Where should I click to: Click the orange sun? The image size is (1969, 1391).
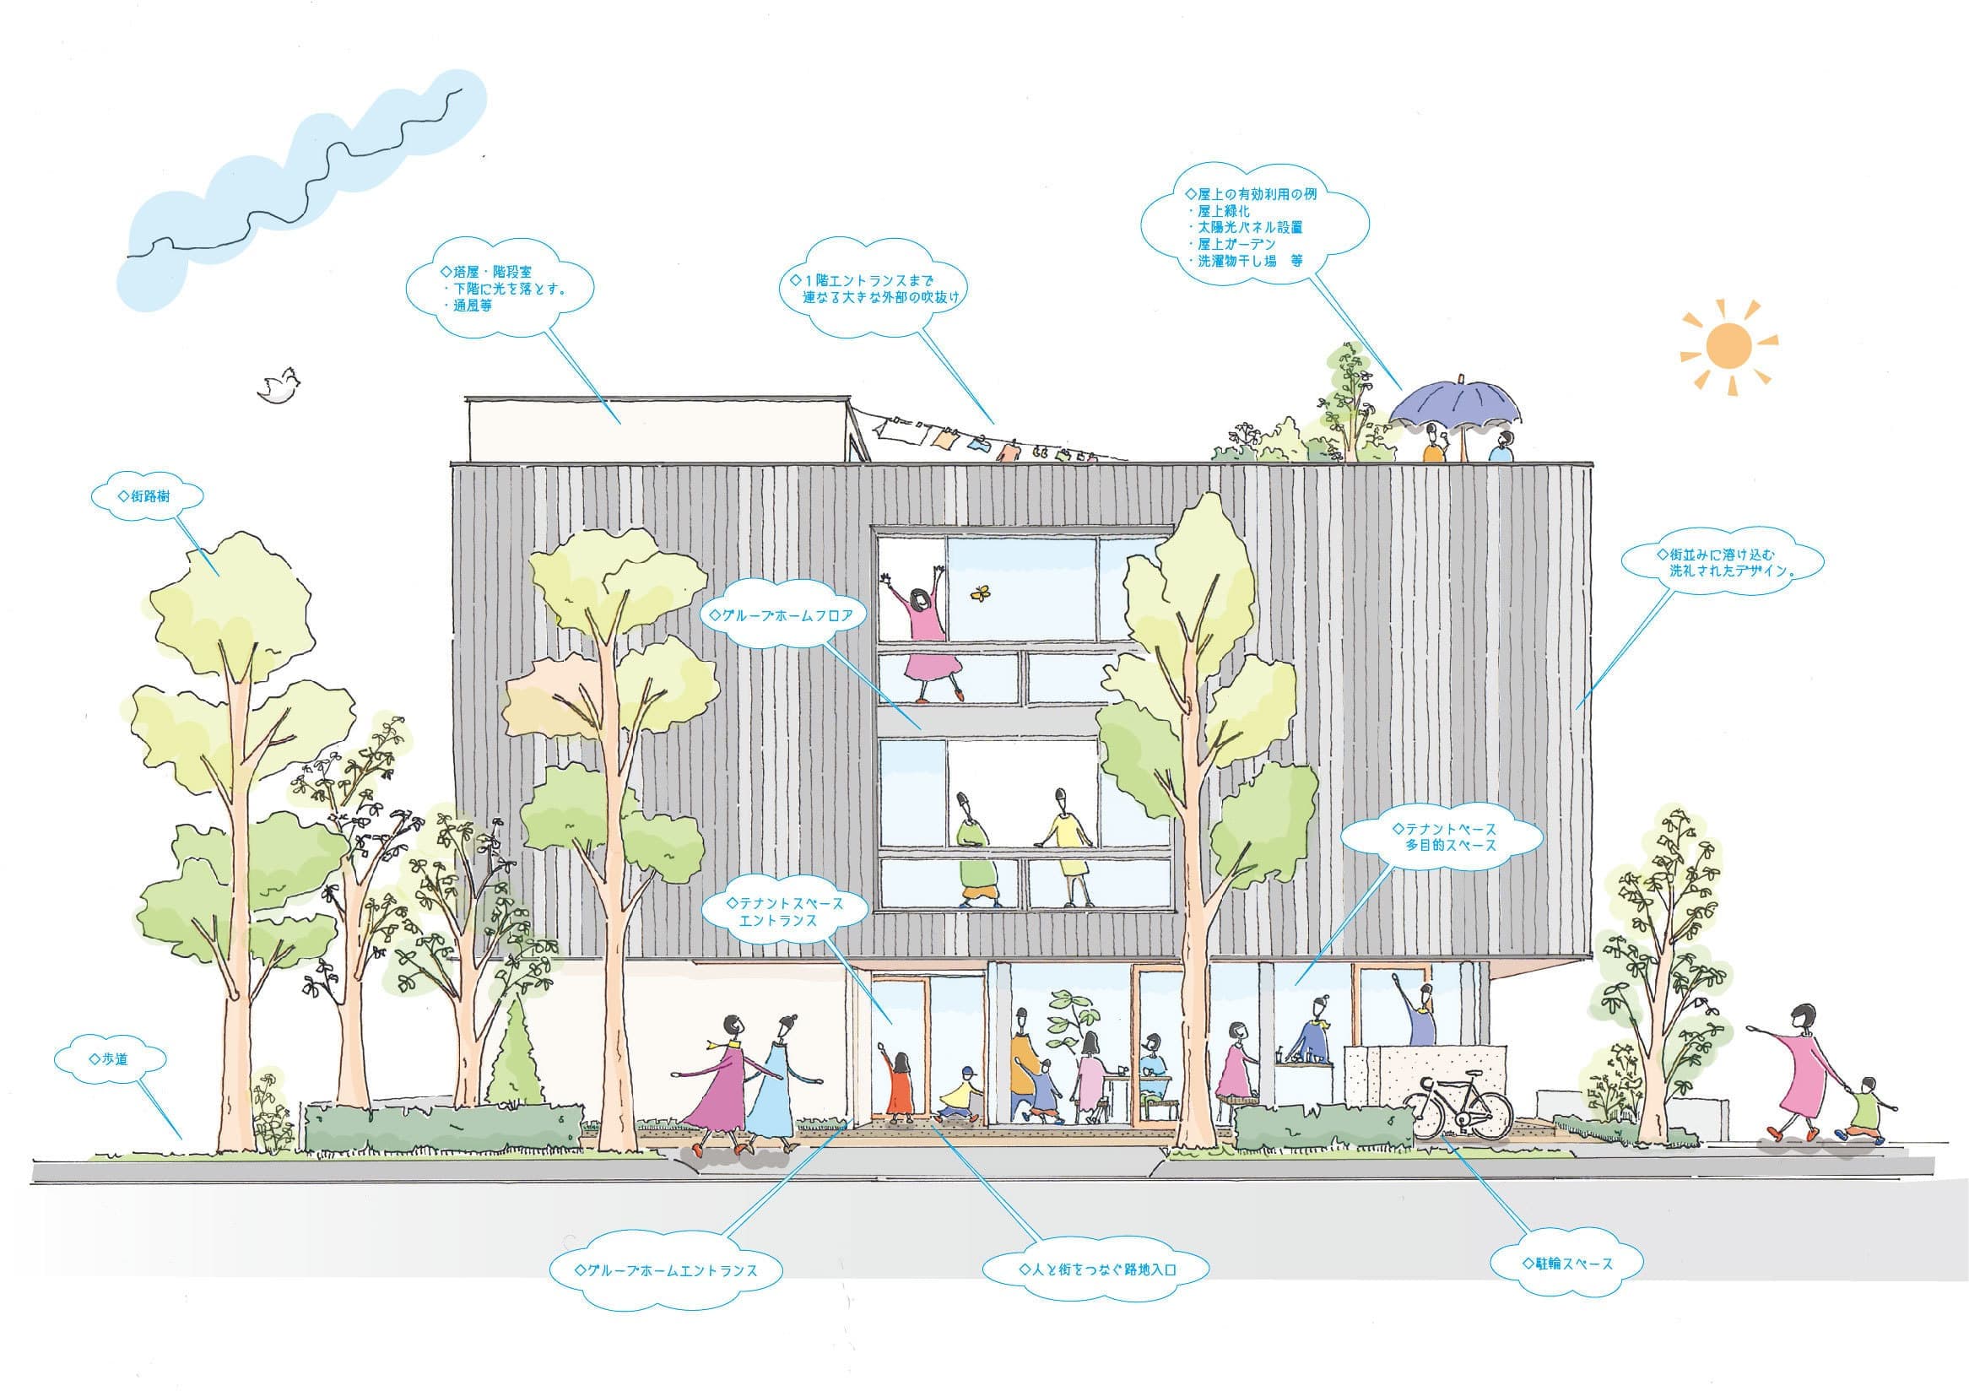[1728, 345]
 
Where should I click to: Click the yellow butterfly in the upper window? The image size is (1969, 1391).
[977, 591]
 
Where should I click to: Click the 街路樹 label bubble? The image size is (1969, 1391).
[149, 496]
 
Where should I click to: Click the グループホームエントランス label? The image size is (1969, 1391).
[667, 1270]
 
